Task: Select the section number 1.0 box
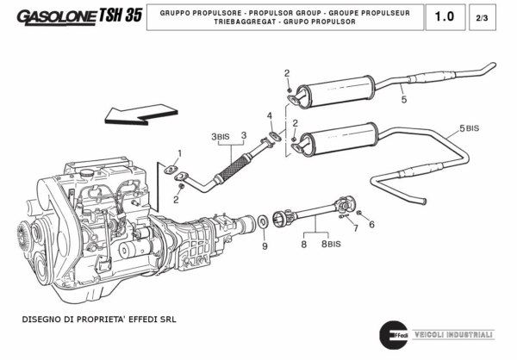(444, 16)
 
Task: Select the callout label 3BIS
(220, 137)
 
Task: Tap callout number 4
(269, 115)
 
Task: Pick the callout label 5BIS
(469, 128)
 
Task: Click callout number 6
(371, 225)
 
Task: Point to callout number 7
(354, 228)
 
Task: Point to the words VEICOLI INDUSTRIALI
(455, 335)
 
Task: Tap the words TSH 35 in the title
(121, 16)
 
